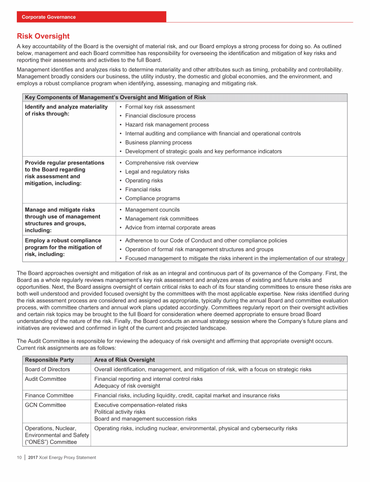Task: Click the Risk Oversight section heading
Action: (43, 36)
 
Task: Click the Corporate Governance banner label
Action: (49, 17)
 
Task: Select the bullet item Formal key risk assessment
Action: (159, 107)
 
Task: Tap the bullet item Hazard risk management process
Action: (160, 124)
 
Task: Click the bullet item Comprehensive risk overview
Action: (161, 162)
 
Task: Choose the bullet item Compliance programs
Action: (152, 198)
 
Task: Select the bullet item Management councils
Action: (152, 210)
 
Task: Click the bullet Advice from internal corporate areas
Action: (170, 228)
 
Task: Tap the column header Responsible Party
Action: (49, 360)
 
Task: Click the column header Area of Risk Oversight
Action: (124, 360)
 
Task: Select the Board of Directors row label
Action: (47, 369)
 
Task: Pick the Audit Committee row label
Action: (46, 379)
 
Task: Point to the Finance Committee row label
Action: (49, 395)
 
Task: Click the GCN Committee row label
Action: (45, 405)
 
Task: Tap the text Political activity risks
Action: (119, 412)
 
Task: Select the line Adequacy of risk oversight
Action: (127, 386)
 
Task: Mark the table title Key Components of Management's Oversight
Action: (115, 97)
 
